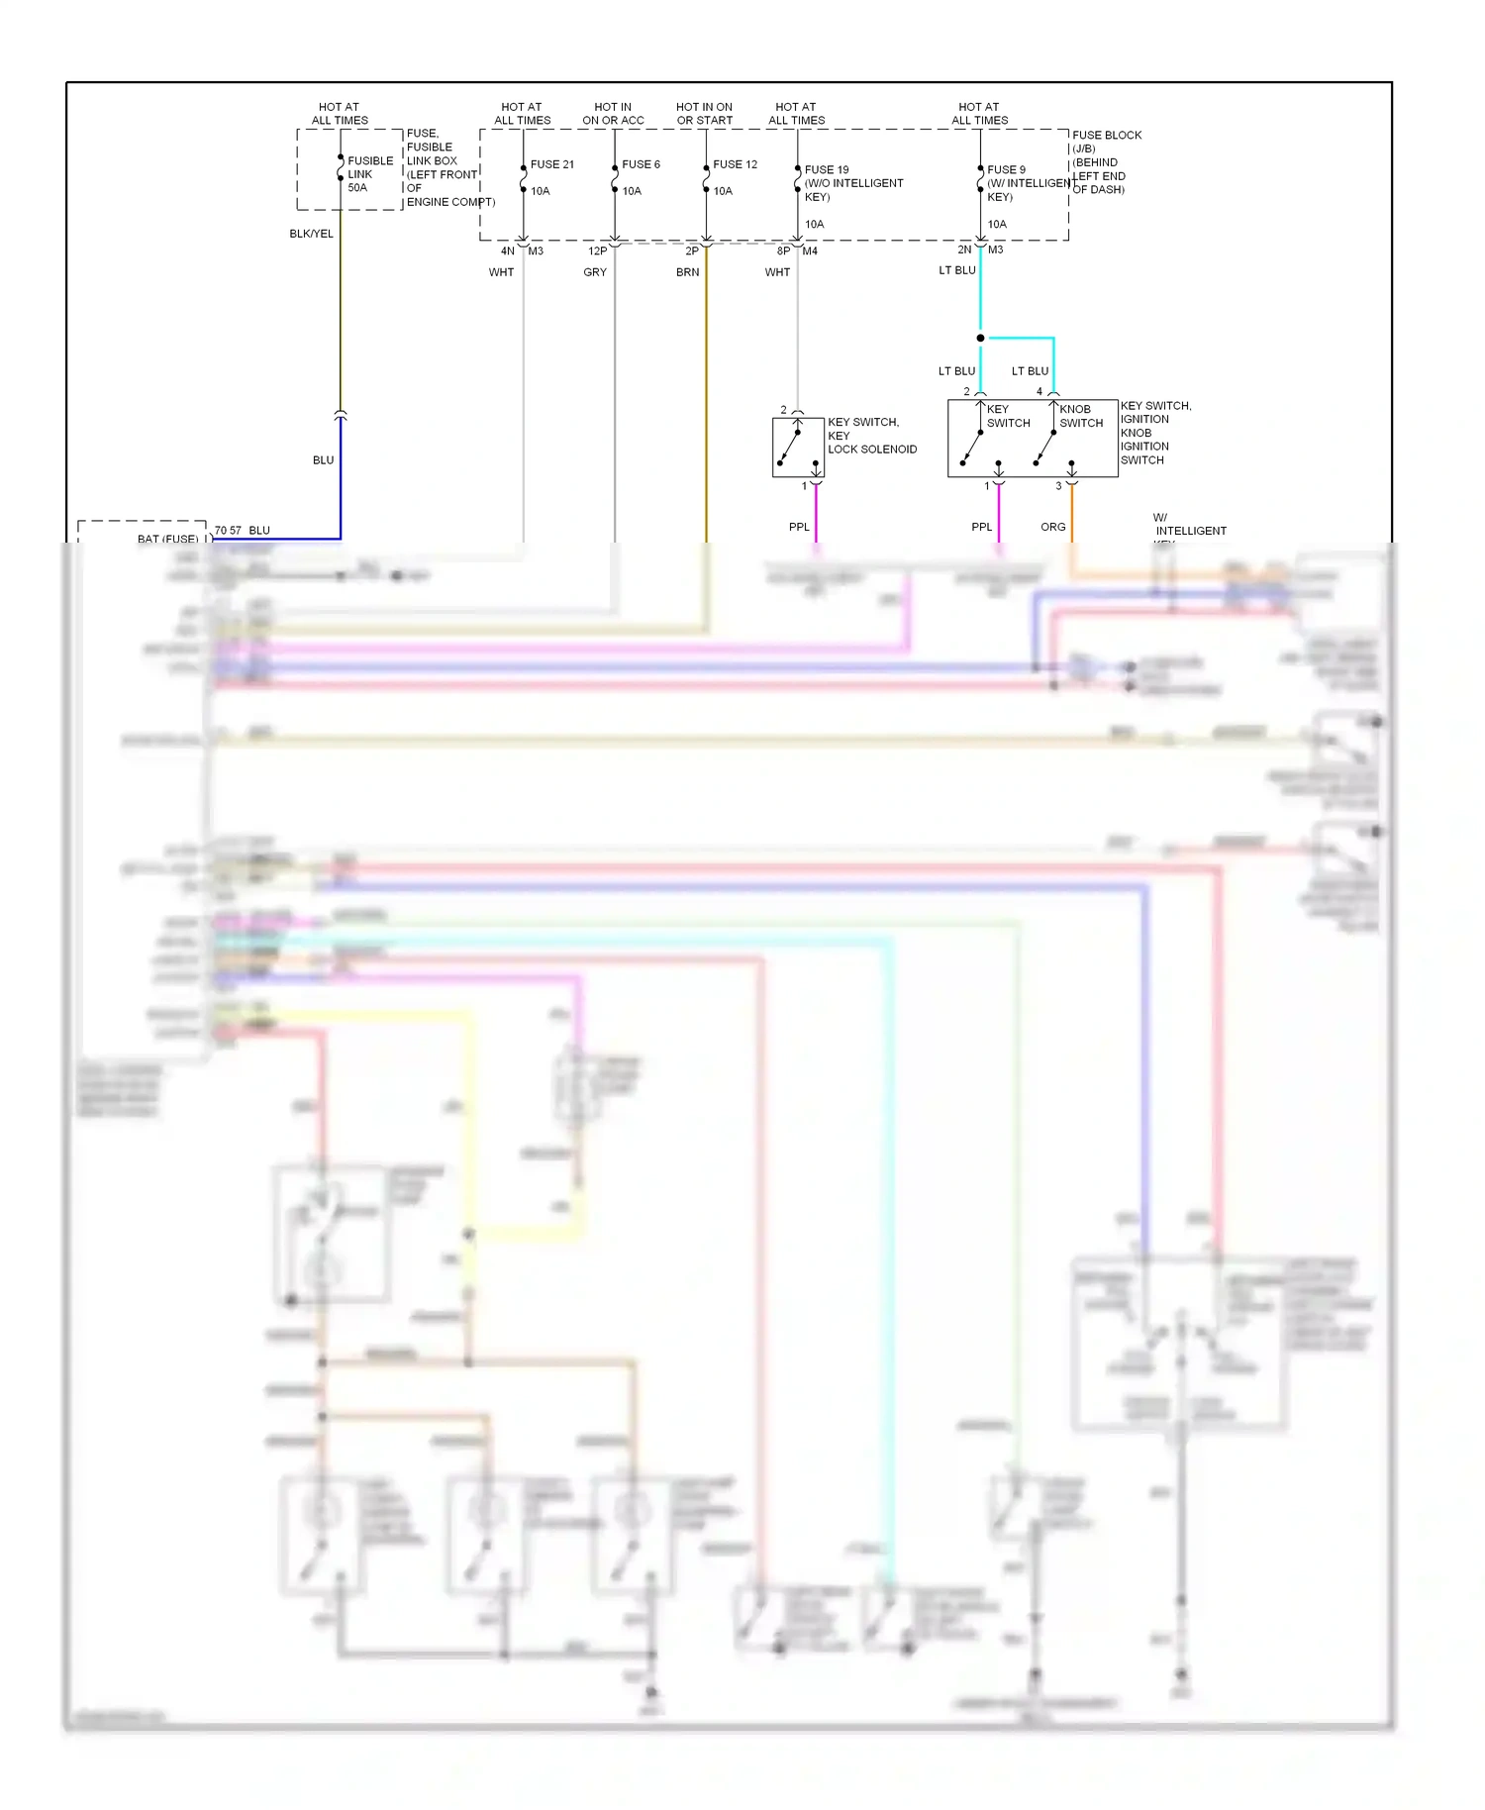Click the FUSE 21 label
[x=551, y=164]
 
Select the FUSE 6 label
[x=641, y=164]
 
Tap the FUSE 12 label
[x=735, y=164]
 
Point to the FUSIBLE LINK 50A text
[x=369, y=174]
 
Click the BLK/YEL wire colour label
[x=311, y=234]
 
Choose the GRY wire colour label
[x=595, y=272]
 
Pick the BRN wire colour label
[x=687, y=272]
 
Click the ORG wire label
[x=1052, y=527]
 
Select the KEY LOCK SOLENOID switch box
[x=798, y=448]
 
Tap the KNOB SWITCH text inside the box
[x=1080, y=416]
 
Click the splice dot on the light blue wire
[x=980, y=339]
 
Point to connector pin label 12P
[x=597, y=251]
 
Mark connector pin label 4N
[x=507, y=251]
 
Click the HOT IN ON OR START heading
[x=704, y=114]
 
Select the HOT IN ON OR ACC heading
[x=613, y=114]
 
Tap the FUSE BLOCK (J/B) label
[x=1106, y=142]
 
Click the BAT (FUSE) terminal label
[x=167, y=539]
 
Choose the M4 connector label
[x=810, y=251]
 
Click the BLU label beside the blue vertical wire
[x=323, y=460]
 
